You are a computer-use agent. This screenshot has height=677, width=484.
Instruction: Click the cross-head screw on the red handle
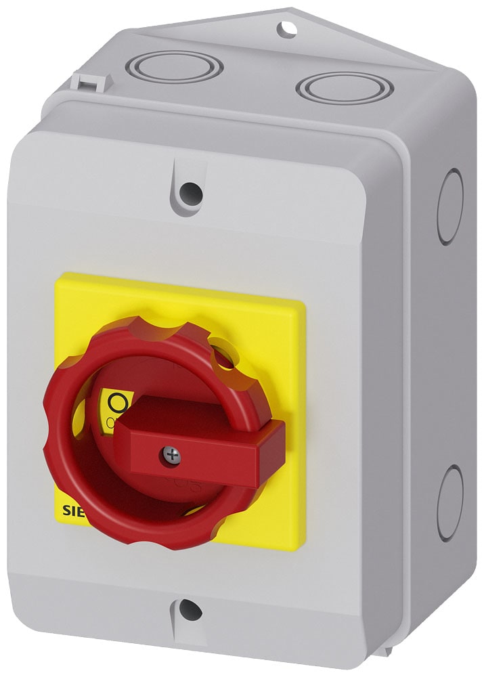pyautogui.click(x=173, y=456)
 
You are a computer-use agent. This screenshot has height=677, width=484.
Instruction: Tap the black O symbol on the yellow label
pyautogui.click(x=118, y=403)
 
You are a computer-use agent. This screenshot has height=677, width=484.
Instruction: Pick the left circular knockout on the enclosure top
pyautogui.click(x=175, y=66)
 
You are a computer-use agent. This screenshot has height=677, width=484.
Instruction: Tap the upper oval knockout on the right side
pyautogui.click(x=449, y=206)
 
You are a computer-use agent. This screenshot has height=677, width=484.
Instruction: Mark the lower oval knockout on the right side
pyautogui.click(x=449, y=503)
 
